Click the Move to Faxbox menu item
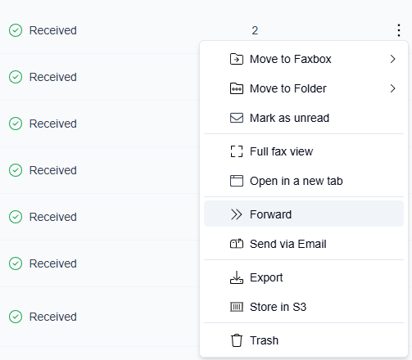click(x=304, y=59)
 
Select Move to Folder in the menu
click(x=304, y=88)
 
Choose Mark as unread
click(x=304, y=118)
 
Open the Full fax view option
click(x=304, y=151)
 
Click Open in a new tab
click(x=304, y=181)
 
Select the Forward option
click(x=304, y=214)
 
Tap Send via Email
click(x=304, y=244)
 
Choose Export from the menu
click(x=304, y=277)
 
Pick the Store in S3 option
click(x=304, y=307)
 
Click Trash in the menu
click(x=304, y=340)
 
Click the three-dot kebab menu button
click(x=399, y=30)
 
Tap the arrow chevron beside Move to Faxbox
click(x=393, y=59)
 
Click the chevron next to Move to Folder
click(x=393, y=88)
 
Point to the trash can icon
click(x=237, y=340)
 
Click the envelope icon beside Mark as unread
click(x=237, y=118)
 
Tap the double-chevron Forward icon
click(x=237, y=214)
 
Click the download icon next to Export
click(x=237, y=277)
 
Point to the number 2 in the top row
click(x=255, y=30)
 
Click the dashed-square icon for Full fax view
click(x=237, y=151)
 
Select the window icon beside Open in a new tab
click(x=237, y=181)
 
